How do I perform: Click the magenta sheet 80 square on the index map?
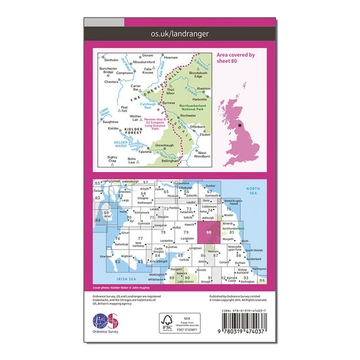point(208,232)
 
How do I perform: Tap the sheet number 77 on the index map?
point(140,239)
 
